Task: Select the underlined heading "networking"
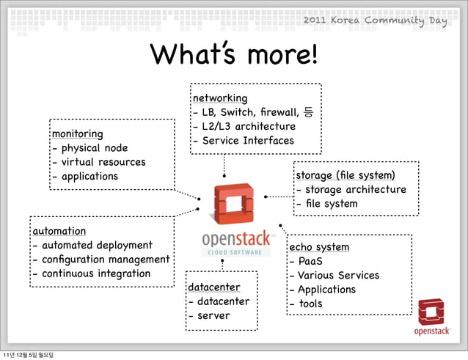219,98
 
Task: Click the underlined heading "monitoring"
76,134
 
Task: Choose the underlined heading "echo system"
319,247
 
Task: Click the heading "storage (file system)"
345,175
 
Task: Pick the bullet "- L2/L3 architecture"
244,126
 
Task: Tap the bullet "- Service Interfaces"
242,141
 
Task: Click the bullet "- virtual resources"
98,162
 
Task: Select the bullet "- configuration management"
100,260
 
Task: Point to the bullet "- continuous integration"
91,273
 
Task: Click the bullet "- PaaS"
306,261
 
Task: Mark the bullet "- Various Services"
334,276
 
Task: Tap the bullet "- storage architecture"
350,190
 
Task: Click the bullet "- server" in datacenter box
209,316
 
